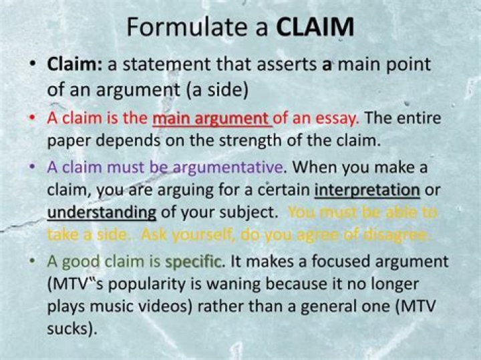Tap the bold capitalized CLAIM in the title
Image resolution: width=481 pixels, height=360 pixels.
pos(314,27)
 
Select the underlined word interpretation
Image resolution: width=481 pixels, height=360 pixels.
pos(367,190)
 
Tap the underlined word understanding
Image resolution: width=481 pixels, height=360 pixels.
pos(102,212)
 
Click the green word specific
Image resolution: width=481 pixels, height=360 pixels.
pos(194,261)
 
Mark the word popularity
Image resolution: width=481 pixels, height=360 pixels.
pos(152,284)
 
